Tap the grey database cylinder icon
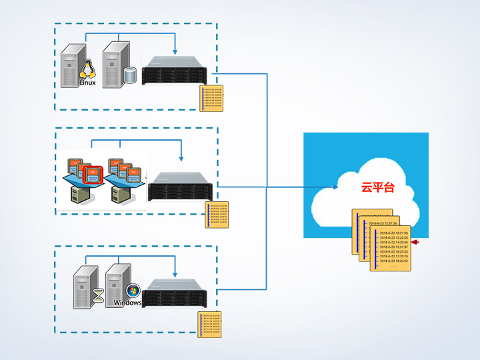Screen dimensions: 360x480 130,75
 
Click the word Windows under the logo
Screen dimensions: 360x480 127,303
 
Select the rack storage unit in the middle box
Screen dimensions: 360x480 182,186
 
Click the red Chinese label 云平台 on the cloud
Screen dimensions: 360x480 378,187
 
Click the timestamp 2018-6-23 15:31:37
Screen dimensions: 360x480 393,246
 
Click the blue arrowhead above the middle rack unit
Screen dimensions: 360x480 181,159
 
